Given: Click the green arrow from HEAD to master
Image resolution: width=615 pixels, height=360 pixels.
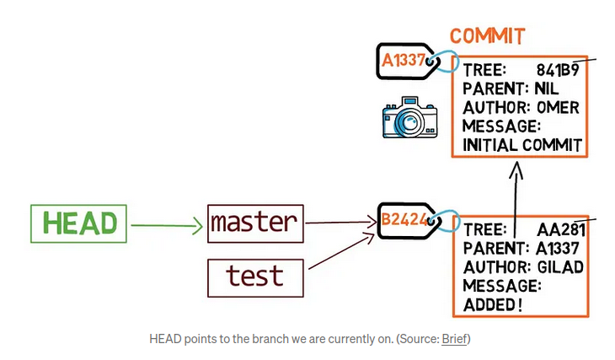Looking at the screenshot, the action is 167,225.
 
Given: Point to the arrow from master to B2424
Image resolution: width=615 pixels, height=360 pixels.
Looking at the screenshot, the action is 341,223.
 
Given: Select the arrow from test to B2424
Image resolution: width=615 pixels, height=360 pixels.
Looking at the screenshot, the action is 342,251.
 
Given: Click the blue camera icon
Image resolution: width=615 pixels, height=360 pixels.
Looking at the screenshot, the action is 410,117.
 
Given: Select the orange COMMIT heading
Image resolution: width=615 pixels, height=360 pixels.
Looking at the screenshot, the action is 487,36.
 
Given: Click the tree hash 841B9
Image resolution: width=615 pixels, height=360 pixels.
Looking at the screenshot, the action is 558,70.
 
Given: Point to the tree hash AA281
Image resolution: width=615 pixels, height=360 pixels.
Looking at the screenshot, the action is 561,229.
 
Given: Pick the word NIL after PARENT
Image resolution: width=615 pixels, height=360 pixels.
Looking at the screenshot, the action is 547,89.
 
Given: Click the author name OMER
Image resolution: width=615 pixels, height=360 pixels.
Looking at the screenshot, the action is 558,108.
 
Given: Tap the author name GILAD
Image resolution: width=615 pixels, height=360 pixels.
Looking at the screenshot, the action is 560,267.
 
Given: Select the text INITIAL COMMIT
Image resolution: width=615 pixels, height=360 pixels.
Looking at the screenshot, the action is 522,145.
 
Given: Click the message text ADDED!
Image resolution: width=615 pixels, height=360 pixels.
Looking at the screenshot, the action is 493,304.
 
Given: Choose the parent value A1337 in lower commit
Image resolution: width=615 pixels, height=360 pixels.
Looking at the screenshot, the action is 558,248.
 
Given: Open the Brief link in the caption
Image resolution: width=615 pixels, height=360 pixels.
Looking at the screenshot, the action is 454,339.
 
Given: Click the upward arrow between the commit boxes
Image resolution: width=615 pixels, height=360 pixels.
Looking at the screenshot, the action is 516,200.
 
